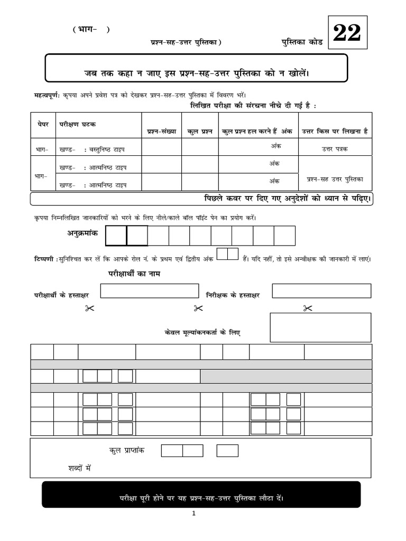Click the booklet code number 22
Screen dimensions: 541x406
[347, 33]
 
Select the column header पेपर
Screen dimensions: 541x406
[43, 124]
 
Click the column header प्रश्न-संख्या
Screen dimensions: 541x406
[161, 131]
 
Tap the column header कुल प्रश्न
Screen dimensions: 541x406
[200, 131]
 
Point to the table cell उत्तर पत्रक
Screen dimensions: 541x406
[335, 149]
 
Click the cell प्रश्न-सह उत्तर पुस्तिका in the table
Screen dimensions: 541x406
[335, 180]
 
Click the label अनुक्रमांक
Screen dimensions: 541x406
[82, 233]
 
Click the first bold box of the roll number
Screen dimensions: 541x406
[116, 236]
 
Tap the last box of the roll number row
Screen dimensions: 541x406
[284, 236]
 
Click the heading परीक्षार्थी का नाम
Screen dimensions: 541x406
[134, 274]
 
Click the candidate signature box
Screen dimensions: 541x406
[150, 291]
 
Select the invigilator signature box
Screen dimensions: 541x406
[321, 291]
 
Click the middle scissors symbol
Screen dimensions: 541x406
[198, 309]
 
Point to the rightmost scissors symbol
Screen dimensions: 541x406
[307, 309]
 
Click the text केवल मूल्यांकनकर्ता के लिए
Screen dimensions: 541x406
[202, 333]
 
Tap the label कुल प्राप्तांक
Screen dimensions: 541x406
[127, 450]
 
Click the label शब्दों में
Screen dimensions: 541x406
[80, 468]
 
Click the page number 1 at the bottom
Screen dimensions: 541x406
[194, 513]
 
